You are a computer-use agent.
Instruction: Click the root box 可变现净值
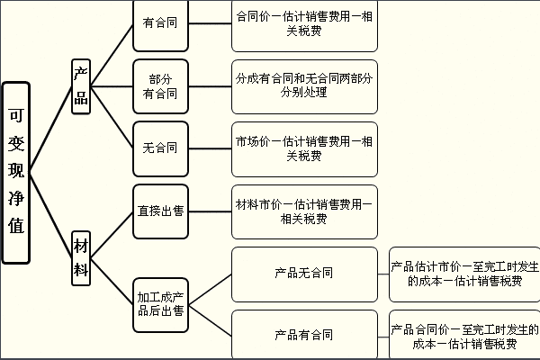[x=17, y=173]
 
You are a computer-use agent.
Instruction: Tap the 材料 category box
[x=81, y=256]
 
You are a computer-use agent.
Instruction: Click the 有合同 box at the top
[x=160, y=24]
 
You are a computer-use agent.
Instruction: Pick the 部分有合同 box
[x=160, y=86]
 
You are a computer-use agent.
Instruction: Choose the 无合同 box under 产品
[x=160, y=147]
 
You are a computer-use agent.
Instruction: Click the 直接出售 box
[x=160, y=211]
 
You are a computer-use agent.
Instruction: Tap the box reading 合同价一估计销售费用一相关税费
[x=303, y=24]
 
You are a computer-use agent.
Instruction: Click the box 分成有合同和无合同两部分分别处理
[x=303, y=86]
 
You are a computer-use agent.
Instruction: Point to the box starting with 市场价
[x=303, y=148]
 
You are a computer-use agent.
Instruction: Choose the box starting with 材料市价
[x=303, y=211]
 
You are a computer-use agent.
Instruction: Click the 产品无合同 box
[x=303, y=273]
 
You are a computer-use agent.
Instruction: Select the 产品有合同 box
[x=303, y=335]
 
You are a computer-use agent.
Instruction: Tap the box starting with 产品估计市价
[x=464, y=273]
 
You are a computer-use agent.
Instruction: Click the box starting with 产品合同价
[x=464, y=335]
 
